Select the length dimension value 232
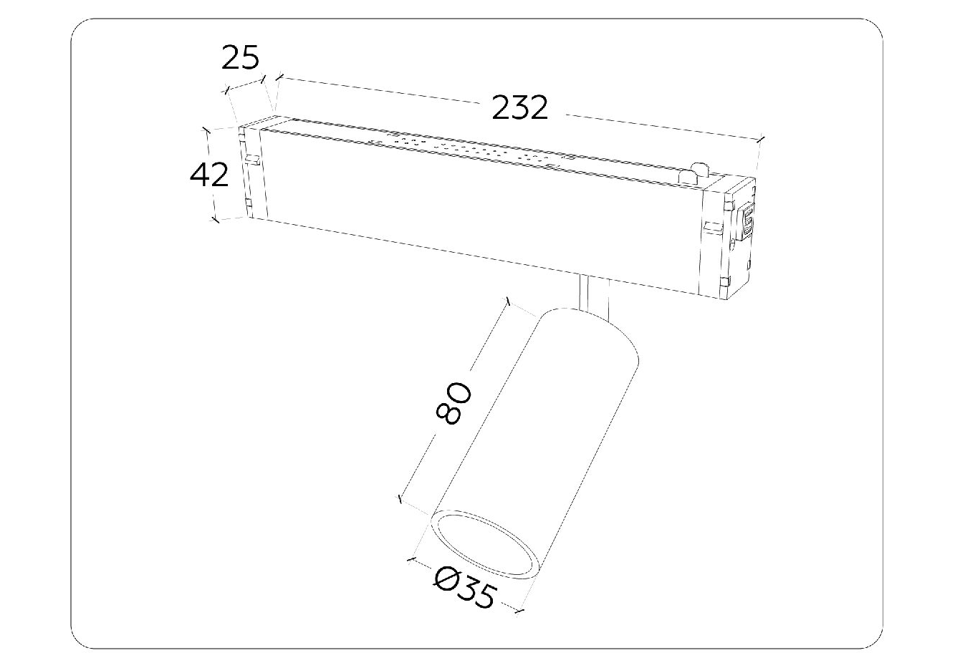click(x=519, y=108)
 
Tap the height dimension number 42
click(x=209, y=175)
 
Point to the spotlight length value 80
click(x=453, y=403)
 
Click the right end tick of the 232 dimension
click(x=762, y=139)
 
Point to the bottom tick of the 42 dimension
click(x=216, y=220)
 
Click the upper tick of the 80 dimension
click(x=507, y=301)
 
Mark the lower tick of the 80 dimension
click(x=400, y=499)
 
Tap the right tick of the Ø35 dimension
click(x=519, y=612)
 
